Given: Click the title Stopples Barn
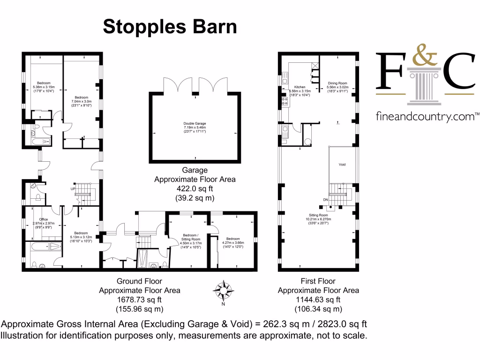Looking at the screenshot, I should [170, 27].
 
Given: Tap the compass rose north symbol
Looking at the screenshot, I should [223, 292].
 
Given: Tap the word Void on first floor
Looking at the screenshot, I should [342, 165].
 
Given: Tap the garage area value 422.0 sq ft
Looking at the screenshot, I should [195, 188].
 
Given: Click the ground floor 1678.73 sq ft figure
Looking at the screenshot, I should [139, 300].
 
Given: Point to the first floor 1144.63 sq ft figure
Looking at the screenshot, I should [318, 300].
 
